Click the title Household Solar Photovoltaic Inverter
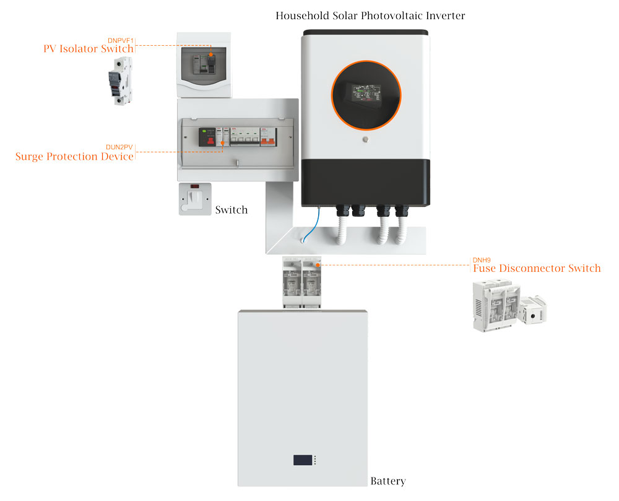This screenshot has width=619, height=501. click(370, 15)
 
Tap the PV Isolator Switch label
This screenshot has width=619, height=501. click(88, 48)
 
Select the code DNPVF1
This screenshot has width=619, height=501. click(120, 40)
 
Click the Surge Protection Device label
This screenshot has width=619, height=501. click(74, 157)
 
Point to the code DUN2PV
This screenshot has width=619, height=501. click(119, 147)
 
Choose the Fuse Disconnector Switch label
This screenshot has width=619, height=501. click(537, 268)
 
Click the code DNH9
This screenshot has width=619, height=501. click(482, 260)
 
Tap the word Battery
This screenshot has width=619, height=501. click(387, 481)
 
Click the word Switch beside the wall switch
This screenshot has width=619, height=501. click(231, 210)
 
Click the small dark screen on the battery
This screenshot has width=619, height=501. click(303, 460)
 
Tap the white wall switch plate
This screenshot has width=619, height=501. click(195, 199)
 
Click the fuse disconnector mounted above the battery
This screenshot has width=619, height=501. click(301, 282)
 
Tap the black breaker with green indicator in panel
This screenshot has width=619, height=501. click(206, 137)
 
